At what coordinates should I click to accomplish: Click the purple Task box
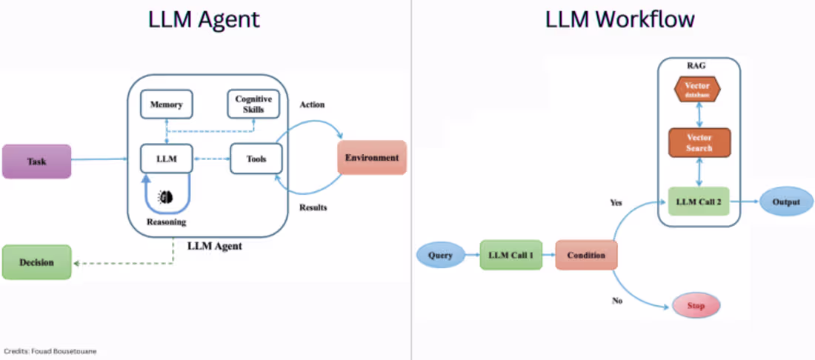coord(37,161)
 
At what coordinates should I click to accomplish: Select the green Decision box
coord(36,262)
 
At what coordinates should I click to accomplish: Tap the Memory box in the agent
coord(166,104)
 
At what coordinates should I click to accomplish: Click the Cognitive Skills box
coord(253,104)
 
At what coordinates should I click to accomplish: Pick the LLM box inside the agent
coord(166,158)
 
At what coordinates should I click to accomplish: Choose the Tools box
coord(256,158)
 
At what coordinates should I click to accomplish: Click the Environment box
coord(372,158)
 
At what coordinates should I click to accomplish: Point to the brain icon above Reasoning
coord(167,196)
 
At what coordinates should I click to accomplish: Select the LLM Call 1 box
coord(510,255)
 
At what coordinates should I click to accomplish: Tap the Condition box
coord(586,255)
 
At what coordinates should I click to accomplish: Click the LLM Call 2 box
coord(699,201)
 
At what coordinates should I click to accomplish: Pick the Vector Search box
coord(699,143)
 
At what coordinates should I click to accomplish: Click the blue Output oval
coord(786,201)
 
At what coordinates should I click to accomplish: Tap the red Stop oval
coord(695,305)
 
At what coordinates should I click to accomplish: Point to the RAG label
coord(696,64)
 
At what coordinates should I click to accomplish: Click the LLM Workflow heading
coord(619,19)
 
